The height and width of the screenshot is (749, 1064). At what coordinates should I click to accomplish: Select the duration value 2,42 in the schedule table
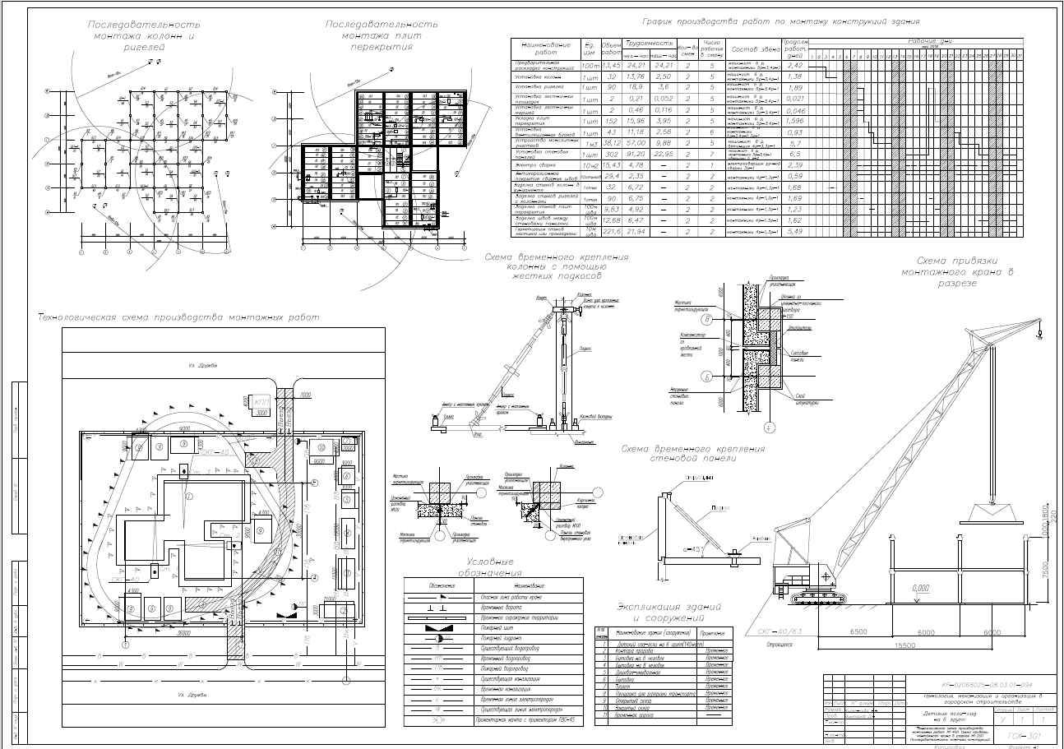click(x=794, y=65)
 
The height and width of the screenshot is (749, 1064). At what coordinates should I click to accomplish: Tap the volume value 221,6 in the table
click(x=611, y=233)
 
